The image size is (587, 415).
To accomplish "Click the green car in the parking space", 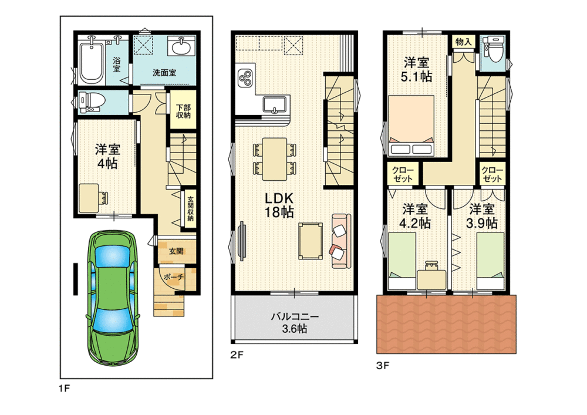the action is click(113, 298).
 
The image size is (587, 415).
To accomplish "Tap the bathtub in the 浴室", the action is click(92, 61).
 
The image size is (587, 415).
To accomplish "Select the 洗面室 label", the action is click(164, 73).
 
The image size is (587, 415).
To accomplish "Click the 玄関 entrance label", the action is click(176, 251).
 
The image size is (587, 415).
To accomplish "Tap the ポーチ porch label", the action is click(174, 277).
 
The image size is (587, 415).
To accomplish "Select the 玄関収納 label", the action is click(191, 208).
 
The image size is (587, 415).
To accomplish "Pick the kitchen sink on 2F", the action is click(276, 104).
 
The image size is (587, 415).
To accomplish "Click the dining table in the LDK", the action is click(275, 159).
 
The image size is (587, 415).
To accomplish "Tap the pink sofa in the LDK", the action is click(341, 241).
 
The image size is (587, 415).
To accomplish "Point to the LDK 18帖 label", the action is click(279, 205).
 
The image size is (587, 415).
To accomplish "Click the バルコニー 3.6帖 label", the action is click(295, 323).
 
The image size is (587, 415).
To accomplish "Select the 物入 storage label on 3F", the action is click(464, 42).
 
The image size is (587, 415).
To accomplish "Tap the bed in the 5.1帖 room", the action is click(411, 126).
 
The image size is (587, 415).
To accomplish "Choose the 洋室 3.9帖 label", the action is click(482, 216).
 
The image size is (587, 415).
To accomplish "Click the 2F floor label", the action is click(237, 355).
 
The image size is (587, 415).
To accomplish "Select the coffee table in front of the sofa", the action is click(311, 241).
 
